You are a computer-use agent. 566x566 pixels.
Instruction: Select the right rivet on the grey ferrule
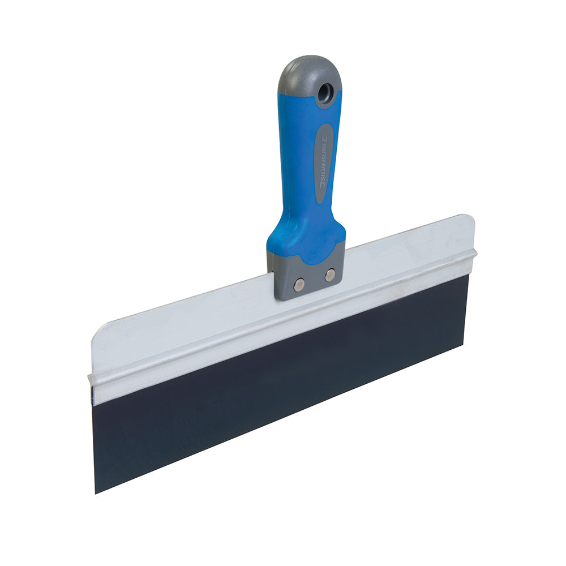[329, 275]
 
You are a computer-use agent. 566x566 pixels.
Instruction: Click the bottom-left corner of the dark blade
[95, 491]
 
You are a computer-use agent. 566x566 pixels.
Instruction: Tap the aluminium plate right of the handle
[408, 249]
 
